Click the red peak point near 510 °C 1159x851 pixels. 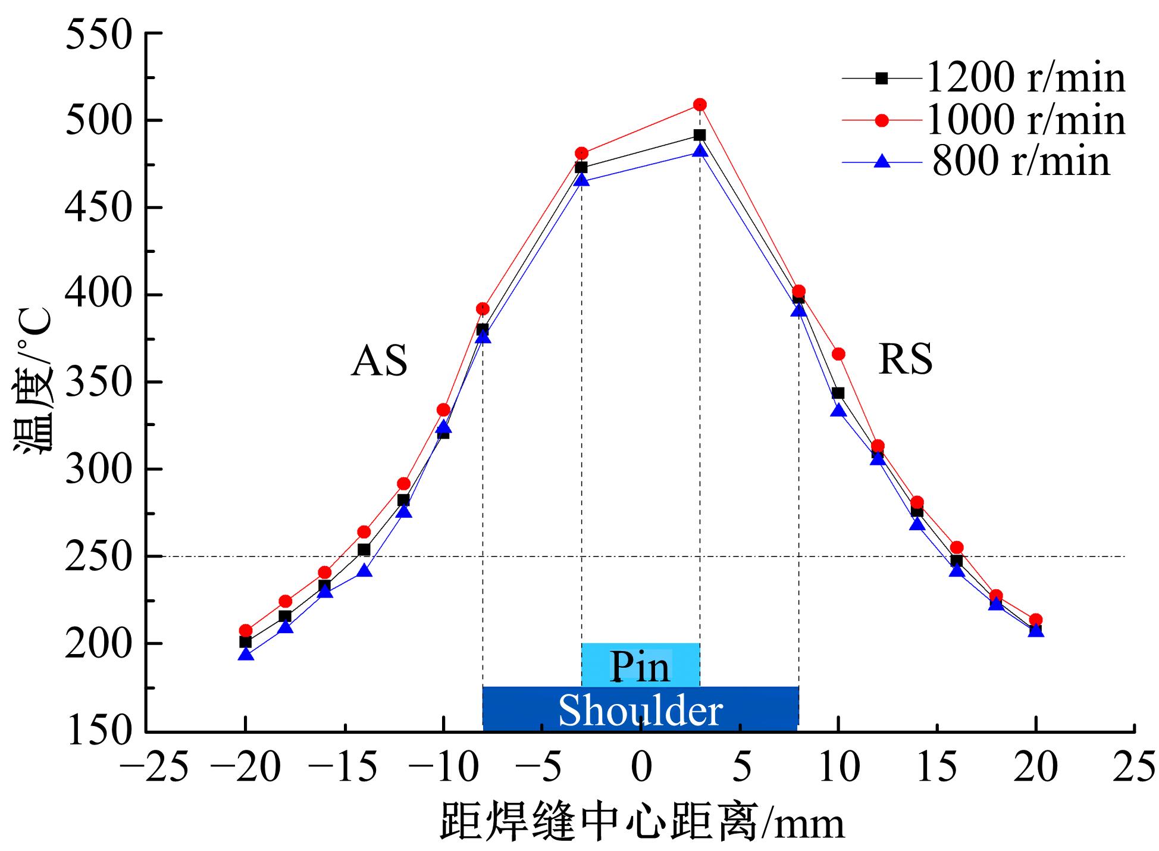[700, 105]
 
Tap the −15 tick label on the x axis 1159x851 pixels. [343, 768]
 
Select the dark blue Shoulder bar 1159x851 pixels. [640, 709]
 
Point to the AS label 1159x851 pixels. [379, 361]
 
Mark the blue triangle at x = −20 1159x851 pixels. [246, 655]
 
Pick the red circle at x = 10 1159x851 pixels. [838, 354]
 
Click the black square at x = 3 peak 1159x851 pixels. [700, 136]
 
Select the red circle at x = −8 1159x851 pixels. [483, 309]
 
